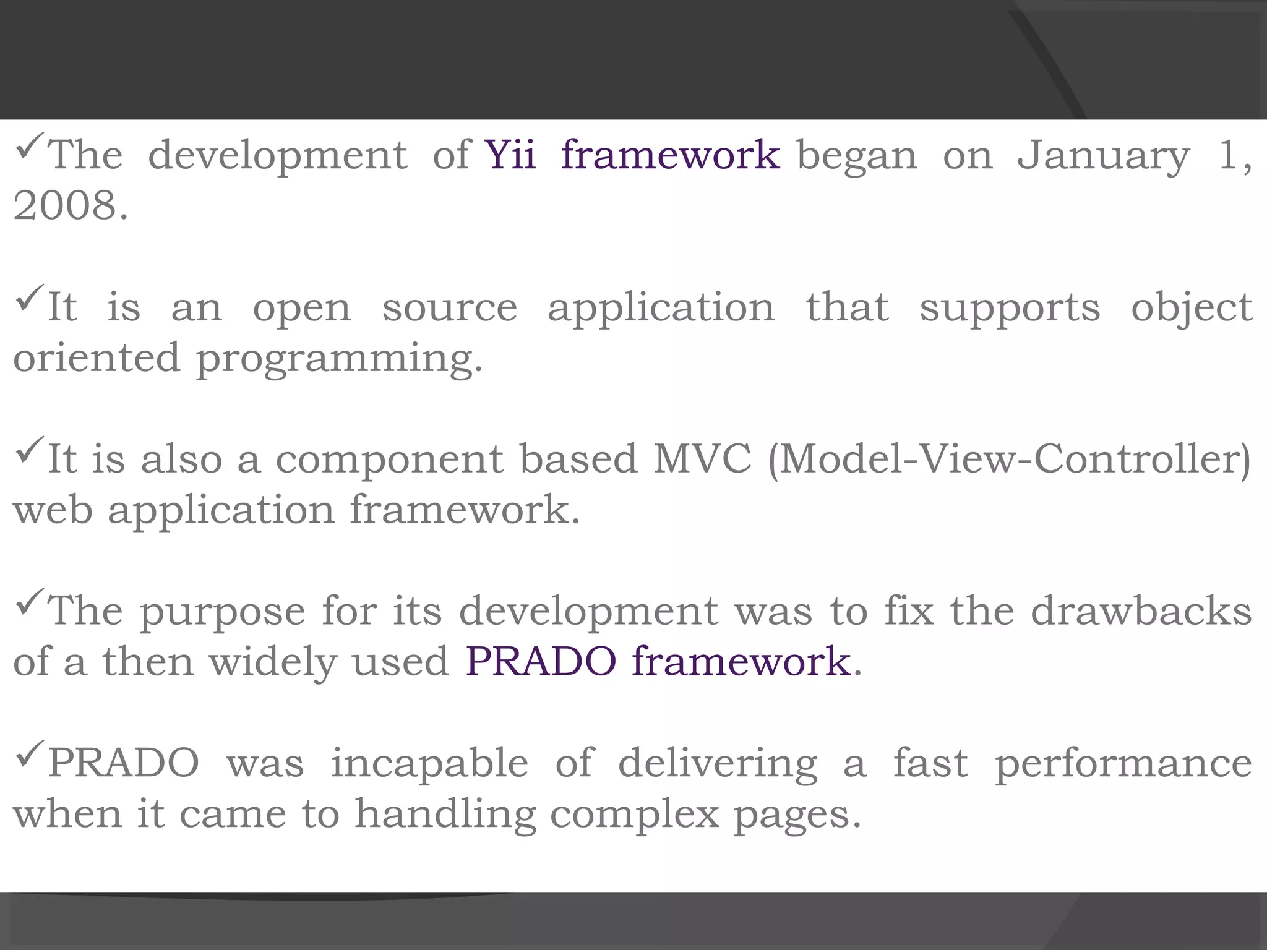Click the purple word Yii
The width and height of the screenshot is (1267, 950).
click(510, 155)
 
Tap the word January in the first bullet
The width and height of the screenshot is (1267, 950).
click(1103, 156)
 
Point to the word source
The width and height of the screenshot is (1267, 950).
click(449, 307)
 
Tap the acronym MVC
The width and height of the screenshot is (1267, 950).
click(702, 459)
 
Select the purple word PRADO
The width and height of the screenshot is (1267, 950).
click(541, 661)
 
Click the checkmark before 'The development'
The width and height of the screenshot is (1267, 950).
click(30, 146)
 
